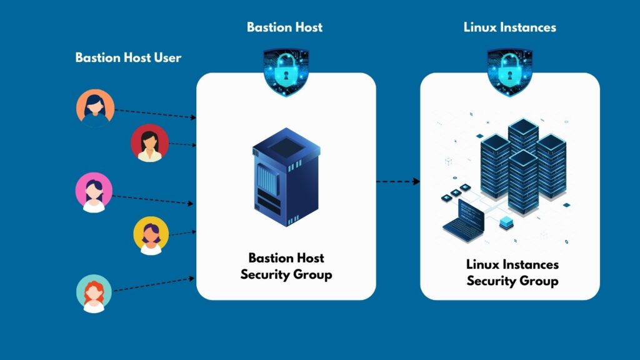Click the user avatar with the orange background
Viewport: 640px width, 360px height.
[x=95, y=108]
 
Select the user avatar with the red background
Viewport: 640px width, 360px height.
[x=150, y=143]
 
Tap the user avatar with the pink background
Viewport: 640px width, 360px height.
[x=94, y=192]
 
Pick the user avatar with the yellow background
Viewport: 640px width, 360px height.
[x=151, y=236]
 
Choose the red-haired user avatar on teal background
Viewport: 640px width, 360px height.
[x=94, y=294]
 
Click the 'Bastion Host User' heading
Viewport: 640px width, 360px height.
[x=128, y=57]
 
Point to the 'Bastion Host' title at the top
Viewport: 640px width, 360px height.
[x=285, y=27]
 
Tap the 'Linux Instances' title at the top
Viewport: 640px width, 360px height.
[x=510, y=27]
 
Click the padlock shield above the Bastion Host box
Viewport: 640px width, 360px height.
[x=286, y=72]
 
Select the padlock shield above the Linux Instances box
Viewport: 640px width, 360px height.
[x=510, y=72]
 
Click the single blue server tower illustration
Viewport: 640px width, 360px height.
[x=286, y=177]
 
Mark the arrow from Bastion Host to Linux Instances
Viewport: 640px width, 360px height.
[x=398, y=181]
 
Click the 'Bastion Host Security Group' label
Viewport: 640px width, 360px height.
[x=286, y=266]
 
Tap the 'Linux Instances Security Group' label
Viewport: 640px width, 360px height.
[x=512, y=272]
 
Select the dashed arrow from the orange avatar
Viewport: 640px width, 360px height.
[x=156, y=114]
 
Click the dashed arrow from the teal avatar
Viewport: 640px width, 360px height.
[x=154, y=284]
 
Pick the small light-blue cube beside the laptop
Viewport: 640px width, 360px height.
[x=506, y=223]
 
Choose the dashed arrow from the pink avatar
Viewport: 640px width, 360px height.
[x=152, y=200]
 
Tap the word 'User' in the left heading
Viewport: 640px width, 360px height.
[x=167, y=57]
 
